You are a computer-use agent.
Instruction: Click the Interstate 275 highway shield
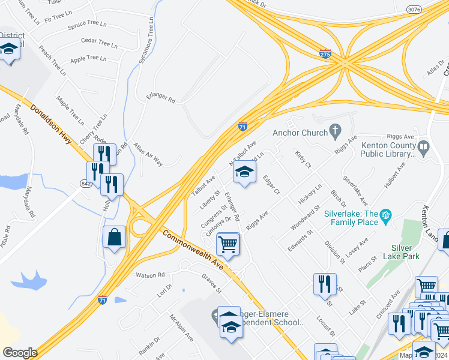(x=325, y=53)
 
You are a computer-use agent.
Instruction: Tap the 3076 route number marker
(x=414, y=10)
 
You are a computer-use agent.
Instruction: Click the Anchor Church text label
(x=298, y=133)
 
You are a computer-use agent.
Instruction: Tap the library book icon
(x=424, y=146)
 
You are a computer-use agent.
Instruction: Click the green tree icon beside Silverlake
(x=385, y=214)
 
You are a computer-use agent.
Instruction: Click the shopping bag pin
(x=115, y=238)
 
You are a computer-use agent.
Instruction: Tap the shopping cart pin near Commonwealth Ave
(x=228, y=244)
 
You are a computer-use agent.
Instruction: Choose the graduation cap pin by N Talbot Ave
(x=244, y=172)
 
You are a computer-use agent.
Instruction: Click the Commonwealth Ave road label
(x=192, y=250)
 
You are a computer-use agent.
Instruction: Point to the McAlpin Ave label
(x=181, y=328)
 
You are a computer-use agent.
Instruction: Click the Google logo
(x=20, y=353)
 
